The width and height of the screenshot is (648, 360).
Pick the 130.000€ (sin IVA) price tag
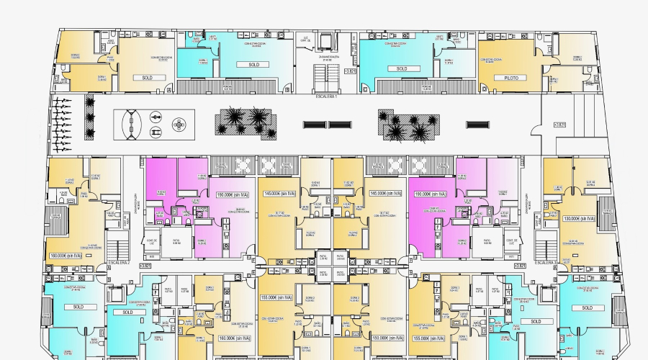[x=578, y=218]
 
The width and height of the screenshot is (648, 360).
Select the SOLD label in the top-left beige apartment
[x=147, y=78]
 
